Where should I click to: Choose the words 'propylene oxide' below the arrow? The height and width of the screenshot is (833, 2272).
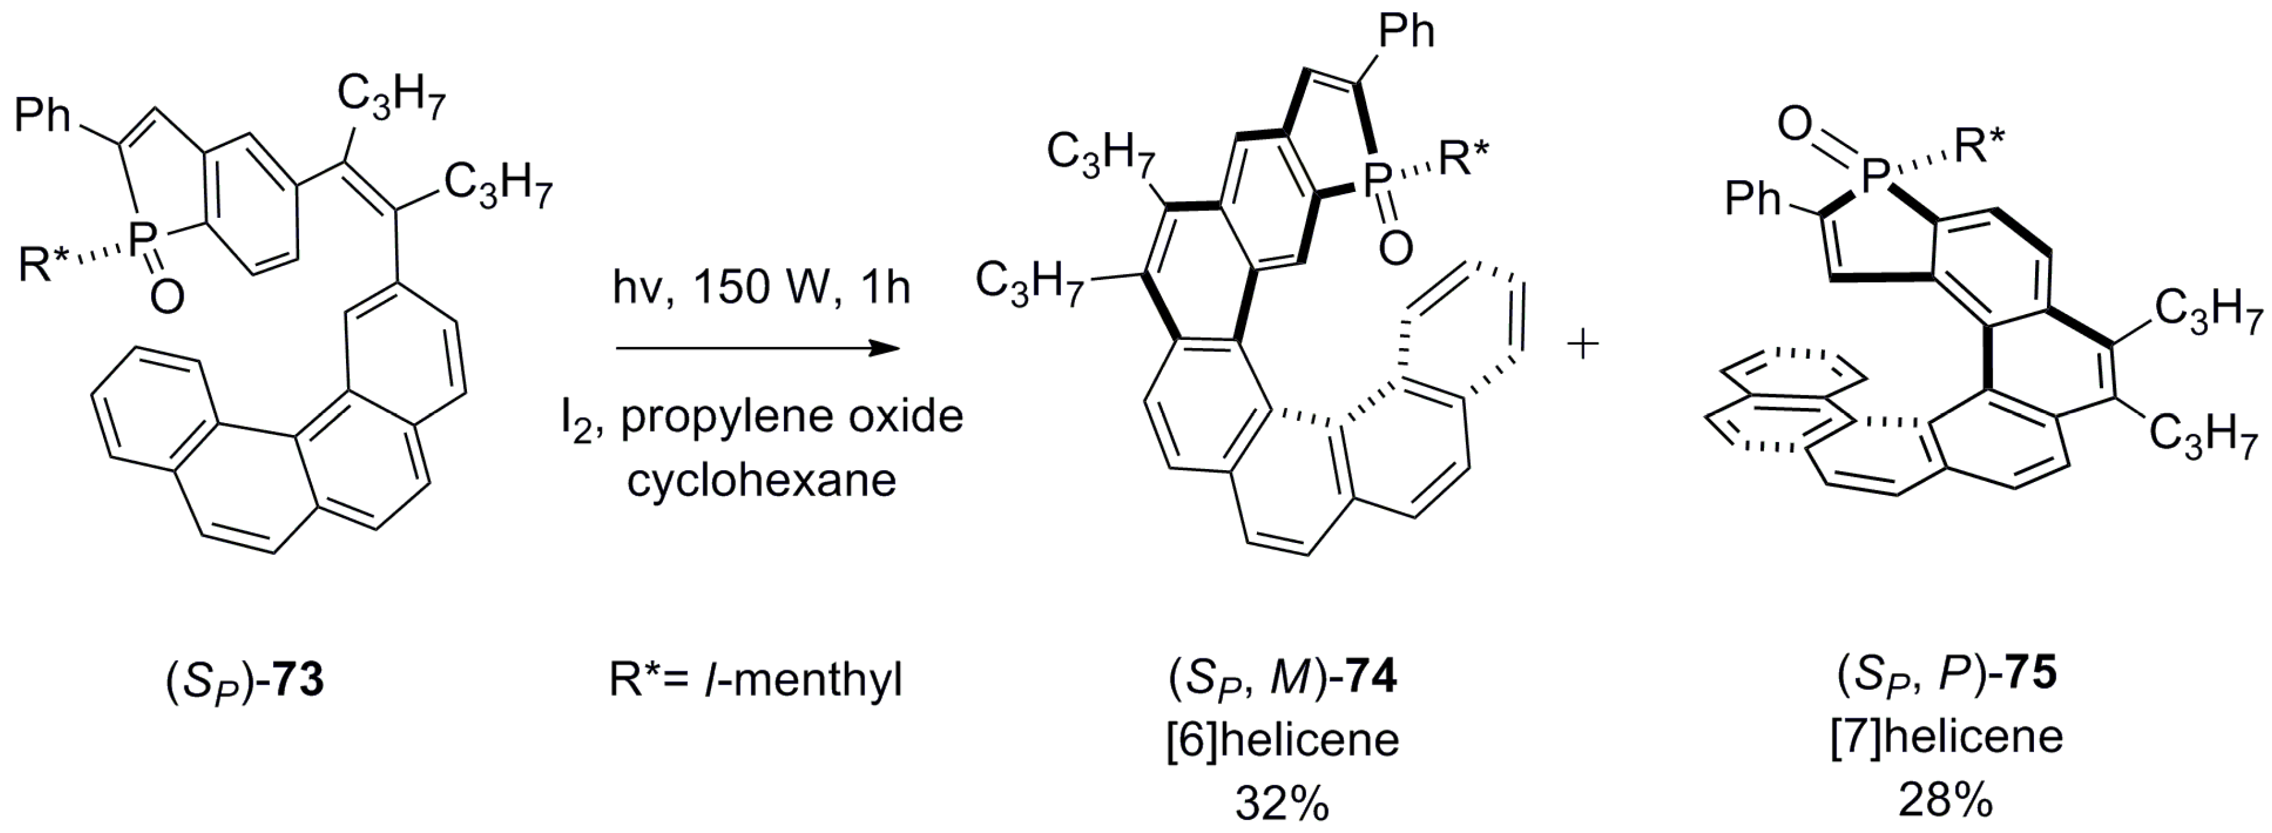(x=791, y=417)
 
